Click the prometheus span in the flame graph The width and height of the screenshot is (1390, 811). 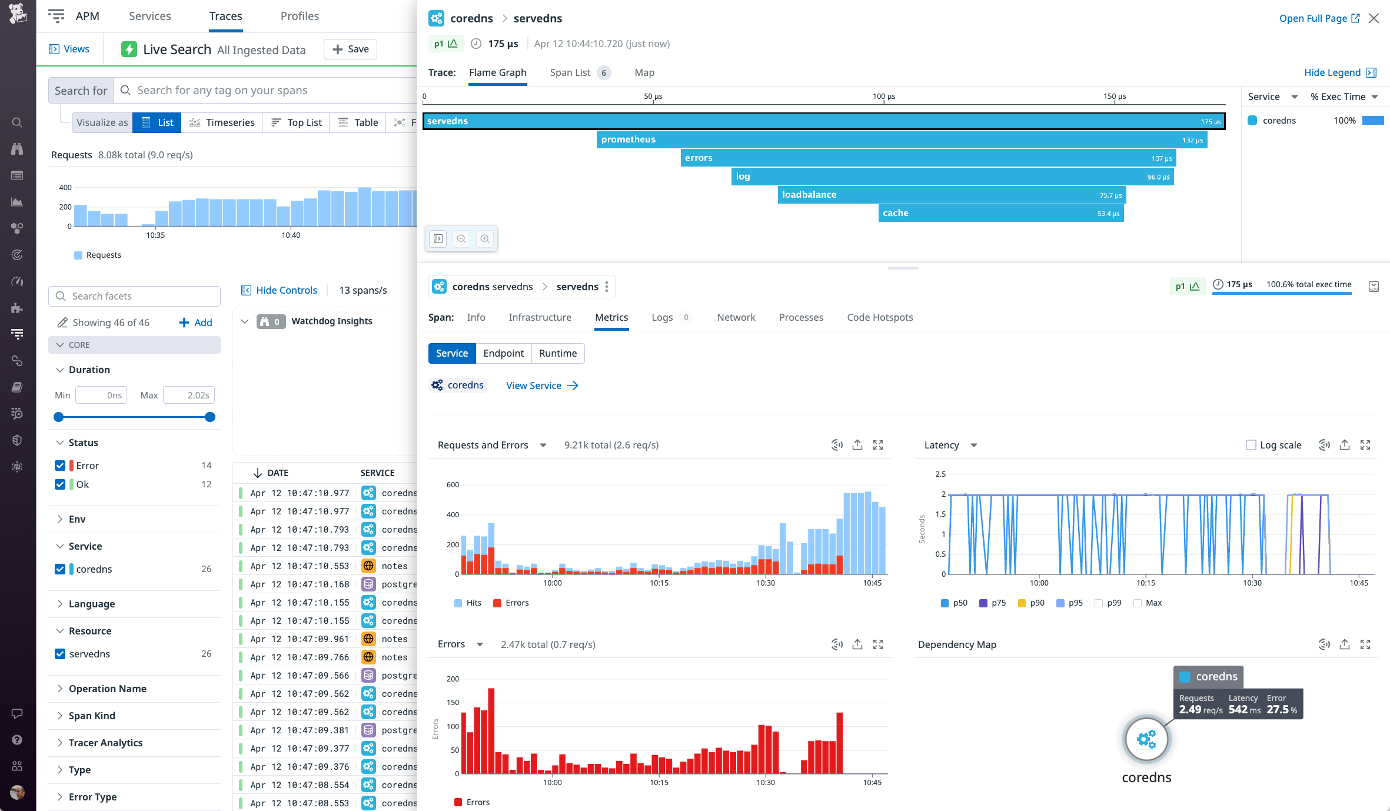click(900, 139)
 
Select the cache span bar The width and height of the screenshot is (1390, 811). click(1000, 213)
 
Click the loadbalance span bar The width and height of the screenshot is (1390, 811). click(951, 195)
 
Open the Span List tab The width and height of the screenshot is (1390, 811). click(570, 72)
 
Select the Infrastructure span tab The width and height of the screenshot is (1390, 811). click(540, 317)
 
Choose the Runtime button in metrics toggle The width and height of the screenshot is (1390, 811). click(557, 353)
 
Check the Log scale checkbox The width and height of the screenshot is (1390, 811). click(1251, 445)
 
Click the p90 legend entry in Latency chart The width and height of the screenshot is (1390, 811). click(1031, 603)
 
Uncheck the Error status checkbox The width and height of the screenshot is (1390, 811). click(60, 466)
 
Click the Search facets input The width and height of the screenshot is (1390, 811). click(141, 296)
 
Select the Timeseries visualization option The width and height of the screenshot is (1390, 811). click(222, 122)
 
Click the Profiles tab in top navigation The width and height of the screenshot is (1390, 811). click(300, 16)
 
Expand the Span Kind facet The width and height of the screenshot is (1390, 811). click(91, 716)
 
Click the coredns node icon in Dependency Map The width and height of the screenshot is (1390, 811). click(1146, 739)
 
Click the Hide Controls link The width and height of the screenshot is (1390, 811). click(280, 290)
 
